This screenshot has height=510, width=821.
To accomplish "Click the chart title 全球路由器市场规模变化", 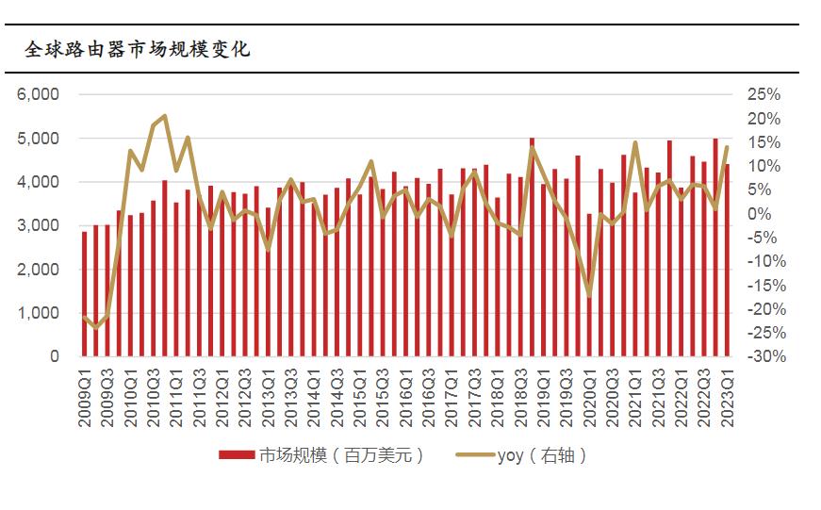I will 138,49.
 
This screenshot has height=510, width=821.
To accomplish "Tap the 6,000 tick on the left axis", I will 40,94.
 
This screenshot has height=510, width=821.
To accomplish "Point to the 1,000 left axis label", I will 40,313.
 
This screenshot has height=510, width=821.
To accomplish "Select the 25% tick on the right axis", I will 764,94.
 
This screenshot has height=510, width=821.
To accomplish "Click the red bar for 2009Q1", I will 84,294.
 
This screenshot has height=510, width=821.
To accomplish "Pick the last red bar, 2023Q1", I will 727,260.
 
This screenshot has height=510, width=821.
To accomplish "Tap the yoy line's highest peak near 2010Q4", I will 164,116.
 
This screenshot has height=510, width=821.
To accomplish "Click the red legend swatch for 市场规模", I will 237,455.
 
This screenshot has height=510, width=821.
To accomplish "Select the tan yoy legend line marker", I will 473,455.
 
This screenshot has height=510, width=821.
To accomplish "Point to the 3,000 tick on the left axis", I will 40,225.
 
